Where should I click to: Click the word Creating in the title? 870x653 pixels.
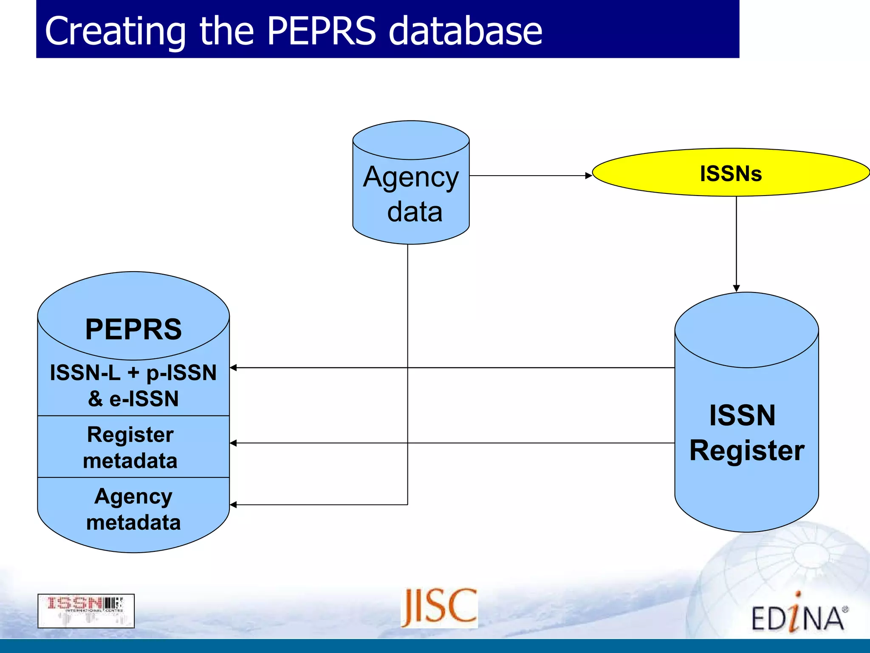pos(115,31)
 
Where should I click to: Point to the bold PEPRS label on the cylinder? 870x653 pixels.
pos(133,329)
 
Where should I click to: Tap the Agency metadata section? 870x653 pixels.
pos(133,509)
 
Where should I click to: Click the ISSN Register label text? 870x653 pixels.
pos(746,432)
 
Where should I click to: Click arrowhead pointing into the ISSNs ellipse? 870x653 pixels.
pos(588,176)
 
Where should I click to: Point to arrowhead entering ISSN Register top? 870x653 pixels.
pos(736,288)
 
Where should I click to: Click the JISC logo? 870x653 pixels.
pos(439,608)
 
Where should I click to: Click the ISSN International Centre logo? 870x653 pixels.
pos(86,610)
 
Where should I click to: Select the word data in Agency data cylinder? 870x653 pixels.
pos(415,212)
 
